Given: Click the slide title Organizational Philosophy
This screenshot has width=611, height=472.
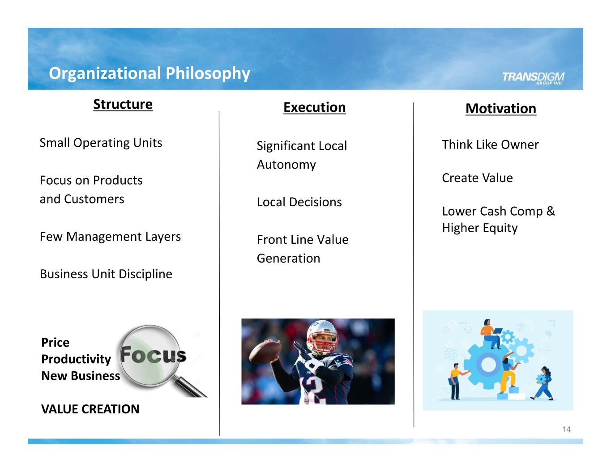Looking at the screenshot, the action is (x=150, y=74).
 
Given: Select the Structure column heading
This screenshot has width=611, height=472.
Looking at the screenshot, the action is (x=123, y=104).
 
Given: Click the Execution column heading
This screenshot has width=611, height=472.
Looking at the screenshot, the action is (x=314, y=107).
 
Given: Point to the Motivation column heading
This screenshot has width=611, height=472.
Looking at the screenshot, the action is (x=501, y=109).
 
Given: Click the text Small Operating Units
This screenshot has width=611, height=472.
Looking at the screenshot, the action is (x=101, y=143).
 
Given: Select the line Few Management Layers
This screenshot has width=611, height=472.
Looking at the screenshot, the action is (x=110, y=237).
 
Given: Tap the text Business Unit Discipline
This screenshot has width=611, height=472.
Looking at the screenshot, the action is (x=106, y=274).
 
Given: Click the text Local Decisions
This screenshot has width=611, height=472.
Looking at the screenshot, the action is (x=299, y=202).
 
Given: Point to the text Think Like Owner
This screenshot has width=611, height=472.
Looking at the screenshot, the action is (x=491, y=145).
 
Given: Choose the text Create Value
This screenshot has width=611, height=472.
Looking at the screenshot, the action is (x=478, y=178).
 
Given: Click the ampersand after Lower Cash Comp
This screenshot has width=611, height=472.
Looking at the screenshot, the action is (x=551, y=211).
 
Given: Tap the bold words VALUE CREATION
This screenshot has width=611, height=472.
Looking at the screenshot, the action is (x=90, y=409).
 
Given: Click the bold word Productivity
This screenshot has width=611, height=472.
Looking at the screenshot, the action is (x=76, y=359).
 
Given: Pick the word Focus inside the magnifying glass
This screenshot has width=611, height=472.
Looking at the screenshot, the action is (x=153, y=355).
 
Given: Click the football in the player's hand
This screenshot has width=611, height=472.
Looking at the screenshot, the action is (x=265, y=352).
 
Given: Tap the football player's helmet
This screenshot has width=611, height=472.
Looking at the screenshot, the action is (x=322, y=336).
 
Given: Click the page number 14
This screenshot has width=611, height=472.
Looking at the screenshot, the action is (x=566, y=429).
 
